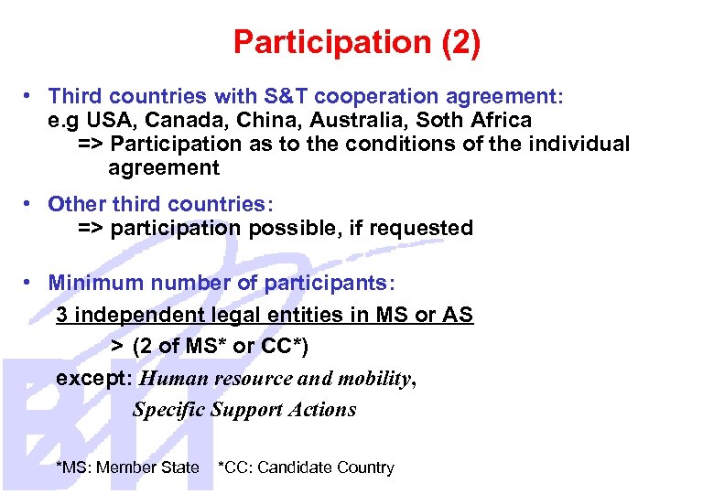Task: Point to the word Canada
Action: coord(178,120)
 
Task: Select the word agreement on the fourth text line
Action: coord(164,167)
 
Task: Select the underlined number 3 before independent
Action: coord(62,315)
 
